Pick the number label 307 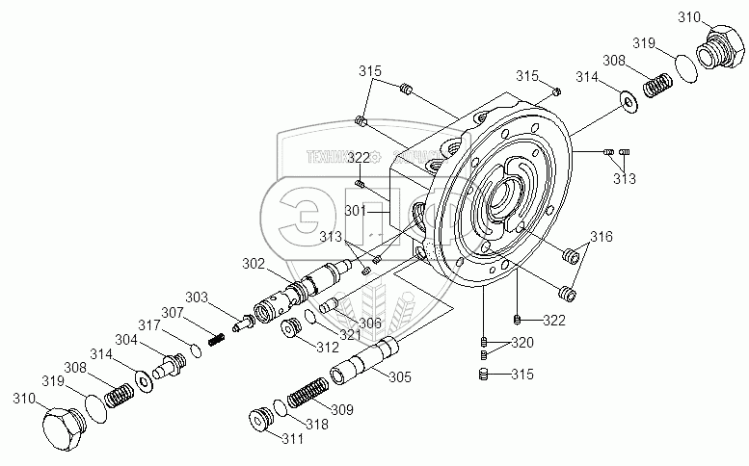tap(172, 312)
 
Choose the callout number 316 tap(602, 236)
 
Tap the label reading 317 tap(147, 324)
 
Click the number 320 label tap(522, 344)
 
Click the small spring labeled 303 tap(217, 338)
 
